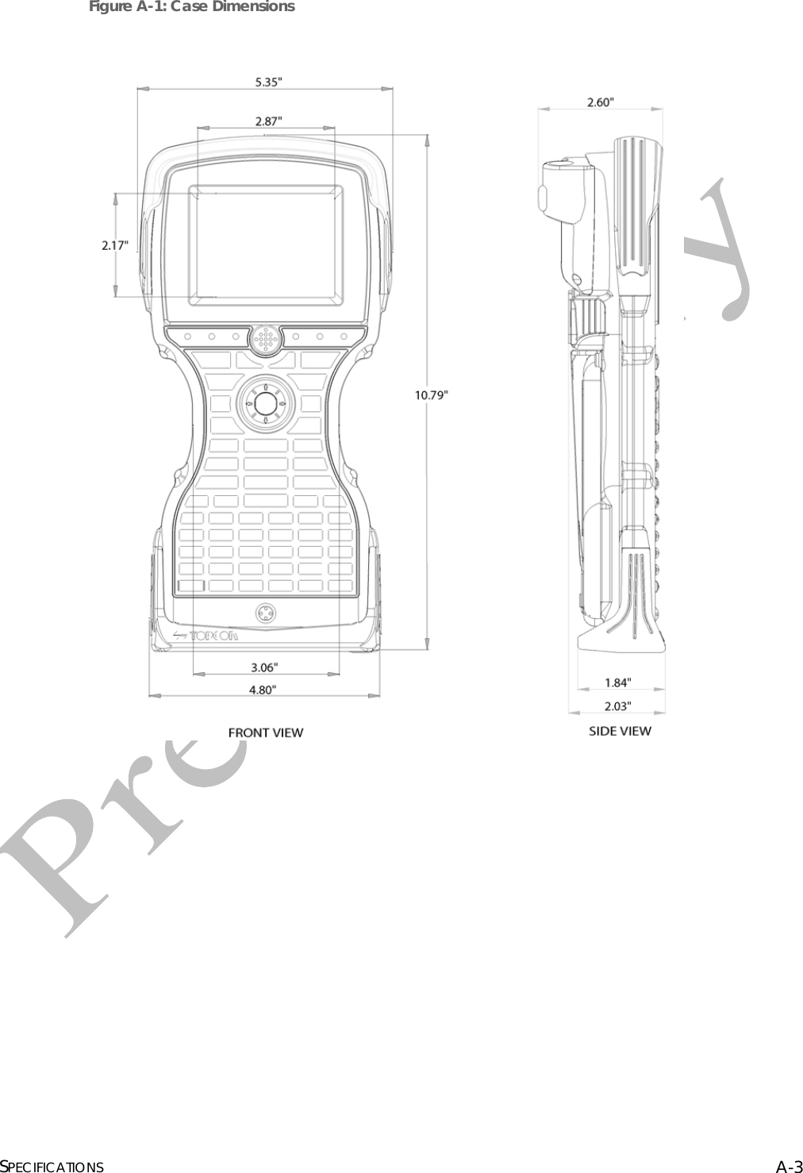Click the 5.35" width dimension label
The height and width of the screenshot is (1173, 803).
point(267,81)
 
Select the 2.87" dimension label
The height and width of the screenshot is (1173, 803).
point(267,121)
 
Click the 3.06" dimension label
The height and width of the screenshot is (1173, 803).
point(264,667)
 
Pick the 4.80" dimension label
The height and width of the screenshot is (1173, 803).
point(263,690)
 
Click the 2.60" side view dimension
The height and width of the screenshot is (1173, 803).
point(600,102)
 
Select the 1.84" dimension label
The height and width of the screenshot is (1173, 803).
point(618,682)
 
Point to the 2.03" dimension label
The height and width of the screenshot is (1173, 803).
point(618,705)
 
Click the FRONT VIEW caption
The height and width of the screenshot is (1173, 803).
point(265,733)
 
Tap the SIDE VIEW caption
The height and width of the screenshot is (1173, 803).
point(620,731)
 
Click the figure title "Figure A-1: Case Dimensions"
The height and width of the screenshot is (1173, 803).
point(191,7)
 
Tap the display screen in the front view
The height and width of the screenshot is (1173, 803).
point(266,245)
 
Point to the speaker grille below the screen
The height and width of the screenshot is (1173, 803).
point(266,340)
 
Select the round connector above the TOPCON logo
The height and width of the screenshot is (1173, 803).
point(265,613)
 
